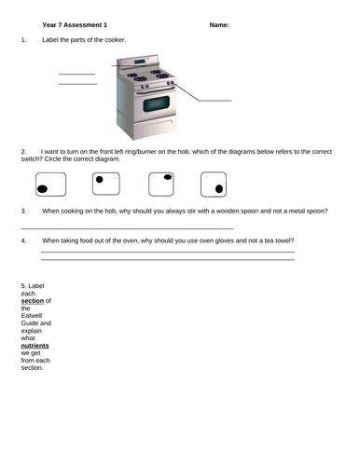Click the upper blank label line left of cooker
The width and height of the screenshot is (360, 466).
76,74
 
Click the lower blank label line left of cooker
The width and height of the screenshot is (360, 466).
77,85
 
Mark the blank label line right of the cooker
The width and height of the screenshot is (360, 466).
214,100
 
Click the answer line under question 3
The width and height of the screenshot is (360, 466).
126,228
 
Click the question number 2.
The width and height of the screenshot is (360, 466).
21,150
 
